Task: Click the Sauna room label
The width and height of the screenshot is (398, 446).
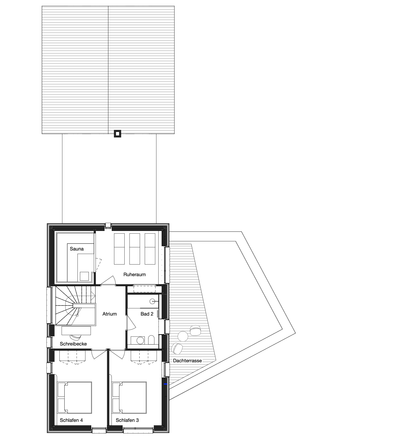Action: (77, 249)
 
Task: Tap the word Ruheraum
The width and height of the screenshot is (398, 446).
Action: (134, 275)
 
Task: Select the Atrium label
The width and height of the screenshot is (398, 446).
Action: (109, 314)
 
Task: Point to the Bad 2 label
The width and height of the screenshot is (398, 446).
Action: (147, 314)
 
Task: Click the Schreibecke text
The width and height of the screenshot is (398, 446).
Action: (73, 344)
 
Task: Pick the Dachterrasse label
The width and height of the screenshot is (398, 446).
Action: (187, 360)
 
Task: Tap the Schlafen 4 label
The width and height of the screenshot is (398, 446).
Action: (71, 420)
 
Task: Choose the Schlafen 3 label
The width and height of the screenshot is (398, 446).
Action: (127, 420)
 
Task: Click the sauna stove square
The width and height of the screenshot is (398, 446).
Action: (84, 276)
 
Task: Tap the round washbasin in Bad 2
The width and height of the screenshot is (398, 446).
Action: (152, 302)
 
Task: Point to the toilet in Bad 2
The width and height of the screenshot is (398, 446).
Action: (151, 340)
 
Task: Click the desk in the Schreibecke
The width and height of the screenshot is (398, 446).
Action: (76, 331)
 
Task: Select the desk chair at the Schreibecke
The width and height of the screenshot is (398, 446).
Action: (75, 337)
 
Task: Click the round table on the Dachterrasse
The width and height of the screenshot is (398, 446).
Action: (183, 336)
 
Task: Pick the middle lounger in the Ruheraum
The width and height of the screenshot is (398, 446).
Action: (135, 249)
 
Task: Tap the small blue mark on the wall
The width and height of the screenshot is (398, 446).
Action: (165, 384)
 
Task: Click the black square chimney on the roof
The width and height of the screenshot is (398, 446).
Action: (117, 133)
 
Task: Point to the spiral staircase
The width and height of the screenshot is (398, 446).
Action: (75, 305)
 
